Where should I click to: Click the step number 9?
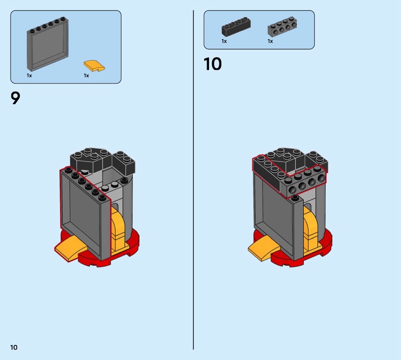pyautogui.click(x=15, y=98)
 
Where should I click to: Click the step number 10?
pyautogui.click(x=213, y=64)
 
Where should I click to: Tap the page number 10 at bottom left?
pyautogui.click(x=14, y=347)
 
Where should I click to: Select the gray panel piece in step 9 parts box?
pyautogui.click(x=48, y=44)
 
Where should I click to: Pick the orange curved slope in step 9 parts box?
pyautogui.click(x=94, y=66)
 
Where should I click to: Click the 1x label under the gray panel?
pyautogui.click(x=29, y=76)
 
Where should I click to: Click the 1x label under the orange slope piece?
pyautogui.click(x=86, y=76)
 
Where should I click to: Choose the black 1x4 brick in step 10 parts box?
pyautogui.click(x=236, y=27)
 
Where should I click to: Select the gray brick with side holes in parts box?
pyautogui.click(x=282, y=27)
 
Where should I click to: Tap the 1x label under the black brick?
pyautogui.click(x=224, y=41)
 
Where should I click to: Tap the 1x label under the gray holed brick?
pyautogui.click(x=270, y=41)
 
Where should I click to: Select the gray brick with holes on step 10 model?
pyautogui.click(x=304, y=183)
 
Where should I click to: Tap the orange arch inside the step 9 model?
pyautogui.click(x=119, y=229)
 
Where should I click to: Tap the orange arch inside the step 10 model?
pyautogui.click(x=312, y=229)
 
